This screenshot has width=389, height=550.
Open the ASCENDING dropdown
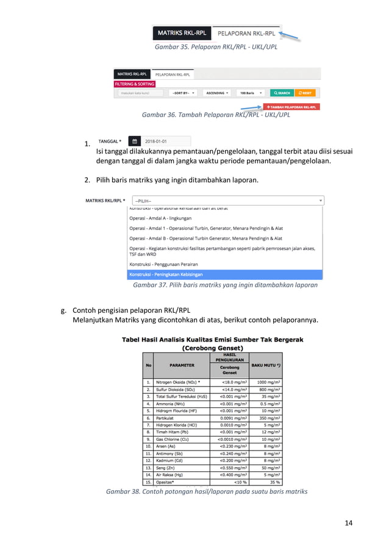[216, 93]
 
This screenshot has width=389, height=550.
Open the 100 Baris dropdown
[250, 93]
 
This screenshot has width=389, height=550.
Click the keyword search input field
[140, 93]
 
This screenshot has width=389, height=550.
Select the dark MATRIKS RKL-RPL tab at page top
[182, 33]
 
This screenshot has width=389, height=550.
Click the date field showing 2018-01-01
[165, 141]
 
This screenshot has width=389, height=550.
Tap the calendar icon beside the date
[135, 141]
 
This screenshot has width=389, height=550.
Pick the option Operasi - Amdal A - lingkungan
[160, 218]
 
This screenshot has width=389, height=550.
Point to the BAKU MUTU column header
[265, 365]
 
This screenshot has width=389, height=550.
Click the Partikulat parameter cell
[166, 418]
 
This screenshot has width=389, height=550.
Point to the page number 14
[348, 523]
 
